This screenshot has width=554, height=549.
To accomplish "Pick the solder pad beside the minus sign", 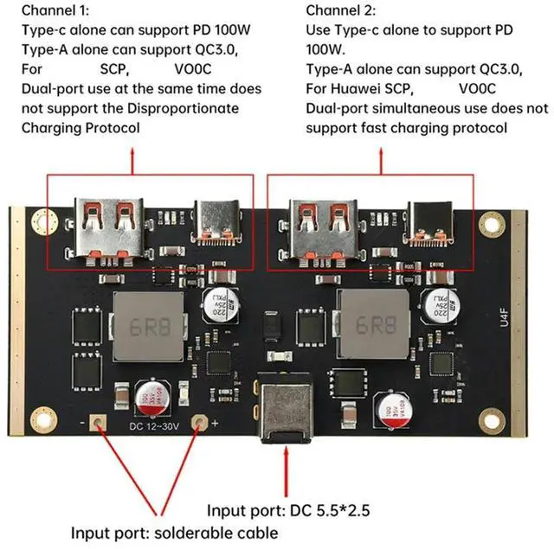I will tap(98, 425).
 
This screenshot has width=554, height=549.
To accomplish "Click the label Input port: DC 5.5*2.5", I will tap(287, 510).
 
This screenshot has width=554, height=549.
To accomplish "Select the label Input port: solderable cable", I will tap(174, 532).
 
